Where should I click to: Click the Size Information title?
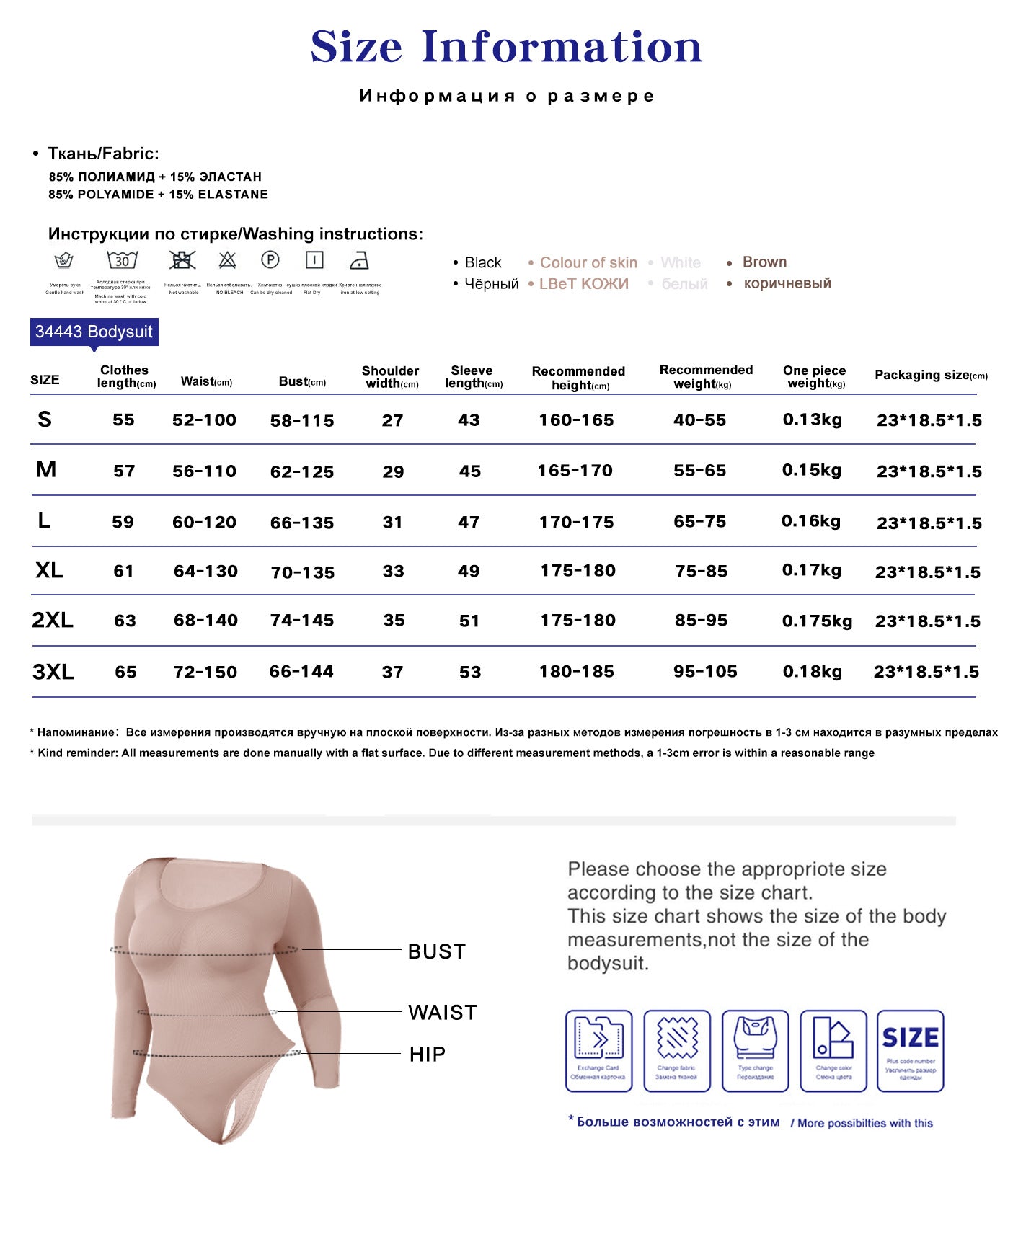(506, 47)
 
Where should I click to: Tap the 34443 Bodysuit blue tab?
(94, 332)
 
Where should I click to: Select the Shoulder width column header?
(391, 377)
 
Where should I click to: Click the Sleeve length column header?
(473, 377)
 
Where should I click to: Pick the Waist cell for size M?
(204, 471)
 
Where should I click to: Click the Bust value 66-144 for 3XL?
(301, 672)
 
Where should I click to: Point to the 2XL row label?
(52, 620)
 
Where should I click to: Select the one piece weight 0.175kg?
(817, 621)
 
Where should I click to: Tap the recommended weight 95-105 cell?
(705, 672)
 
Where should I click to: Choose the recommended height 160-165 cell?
(576, 420)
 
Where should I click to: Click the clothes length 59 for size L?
(123, 522)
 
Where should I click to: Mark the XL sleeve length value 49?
(469, 572)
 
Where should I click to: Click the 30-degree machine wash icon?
(122, 260)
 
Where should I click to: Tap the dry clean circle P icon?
(270, 259)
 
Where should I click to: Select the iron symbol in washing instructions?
(358, 260)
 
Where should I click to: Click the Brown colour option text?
(764, 262)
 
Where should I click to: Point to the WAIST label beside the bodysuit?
(442, 1013)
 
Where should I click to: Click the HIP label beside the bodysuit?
(427, 1055)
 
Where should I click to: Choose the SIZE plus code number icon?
(910, 1050)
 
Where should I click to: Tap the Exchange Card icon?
(598, 1050)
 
